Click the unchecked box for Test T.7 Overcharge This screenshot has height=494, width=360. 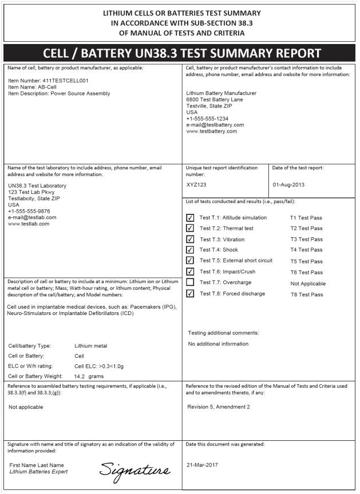[x=190, y=282]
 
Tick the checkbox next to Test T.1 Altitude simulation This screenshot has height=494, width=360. [x=190, y=218]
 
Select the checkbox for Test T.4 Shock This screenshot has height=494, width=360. [x=190, y=250]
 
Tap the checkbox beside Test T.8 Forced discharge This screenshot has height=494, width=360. [x=190, y=294]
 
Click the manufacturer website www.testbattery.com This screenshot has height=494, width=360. [x=212, y=131]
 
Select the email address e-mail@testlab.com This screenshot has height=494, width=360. [x=32, y=217]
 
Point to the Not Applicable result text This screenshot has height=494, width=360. [x=308, y=284]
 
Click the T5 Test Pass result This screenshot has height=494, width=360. [x=306, y=261]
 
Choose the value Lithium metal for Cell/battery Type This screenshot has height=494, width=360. [x=90, y=346]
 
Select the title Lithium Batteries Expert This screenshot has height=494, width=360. [x=38, y=472]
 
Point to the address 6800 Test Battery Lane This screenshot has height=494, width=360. [x=215, y=99]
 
